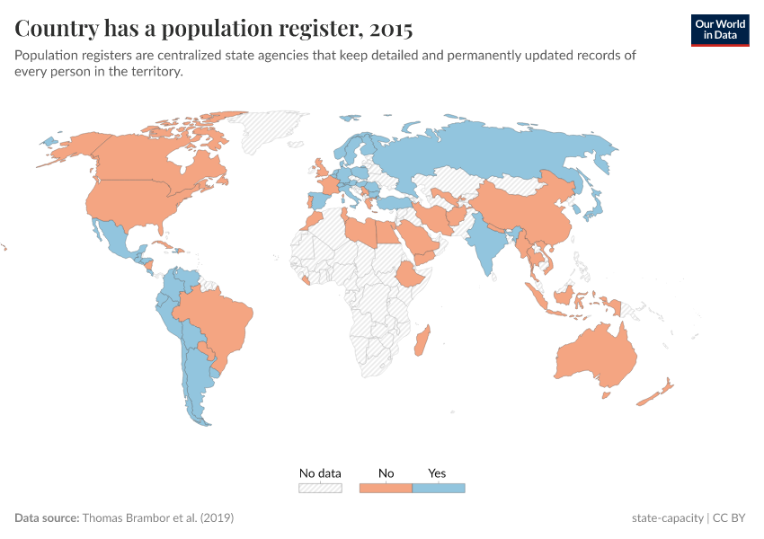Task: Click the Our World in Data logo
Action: (x=719, y=29)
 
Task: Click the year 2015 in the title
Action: (x=388, y=29)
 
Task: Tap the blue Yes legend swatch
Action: (x=438, y=488)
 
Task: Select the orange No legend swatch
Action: (x=385, y=488)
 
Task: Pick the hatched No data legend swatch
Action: (x=320, y=488)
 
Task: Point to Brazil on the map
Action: (x=220, y=319)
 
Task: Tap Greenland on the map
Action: (x=270, y=130)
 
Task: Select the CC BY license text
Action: (x=732, y=518)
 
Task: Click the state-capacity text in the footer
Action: (x=668, y=518)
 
